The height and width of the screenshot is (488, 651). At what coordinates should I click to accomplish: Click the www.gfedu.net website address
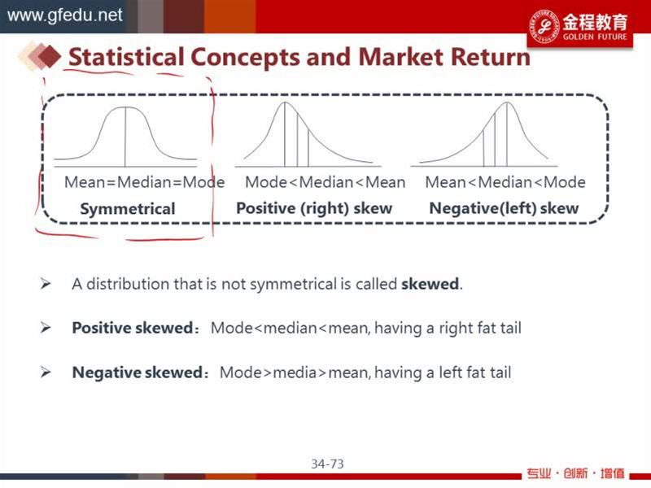tap(65, 15)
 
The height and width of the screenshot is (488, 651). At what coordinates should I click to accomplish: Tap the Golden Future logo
tap(579, 26)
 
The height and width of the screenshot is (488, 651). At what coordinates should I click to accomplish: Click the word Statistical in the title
tap(126, 57)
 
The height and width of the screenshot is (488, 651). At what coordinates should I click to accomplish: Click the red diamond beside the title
tap(50, 55)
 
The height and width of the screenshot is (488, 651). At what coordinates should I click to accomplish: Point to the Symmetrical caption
tap(128, 209)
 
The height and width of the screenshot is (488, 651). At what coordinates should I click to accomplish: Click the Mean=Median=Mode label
tap(145, 182)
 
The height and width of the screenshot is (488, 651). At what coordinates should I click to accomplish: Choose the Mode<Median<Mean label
tap(325, 182)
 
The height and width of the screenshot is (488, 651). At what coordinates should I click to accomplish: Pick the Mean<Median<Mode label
tap(505, 182)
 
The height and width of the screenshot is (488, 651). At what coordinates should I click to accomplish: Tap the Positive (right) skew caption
tap(314, 208)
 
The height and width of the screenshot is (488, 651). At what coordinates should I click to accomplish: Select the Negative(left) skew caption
tap(504, 208)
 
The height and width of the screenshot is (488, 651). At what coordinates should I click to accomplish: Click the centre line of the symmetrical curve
tap(125, 137)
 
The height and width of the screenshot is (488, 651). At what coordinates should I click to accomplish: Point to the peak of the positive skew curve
tap(285, 102)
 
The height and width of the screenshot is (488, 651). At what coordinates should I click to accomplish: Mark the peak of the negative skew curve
tap(507, 102)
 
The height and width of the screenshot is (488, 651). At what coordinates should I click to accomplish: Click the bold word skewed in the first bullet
tap(430, 284)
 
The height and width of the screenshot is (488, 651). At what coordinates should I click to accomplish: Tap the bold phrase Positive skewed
tap(133, 328)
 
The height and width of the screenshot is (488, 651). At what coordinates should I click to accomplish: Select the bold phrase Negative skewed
tap(137, 373)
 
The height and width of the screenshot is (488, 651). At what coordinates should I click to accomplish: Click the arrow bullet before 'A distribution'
tap(46, 284)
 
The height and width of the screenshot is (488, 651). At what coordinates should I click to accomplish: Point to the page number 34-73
tap(328, 464)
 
